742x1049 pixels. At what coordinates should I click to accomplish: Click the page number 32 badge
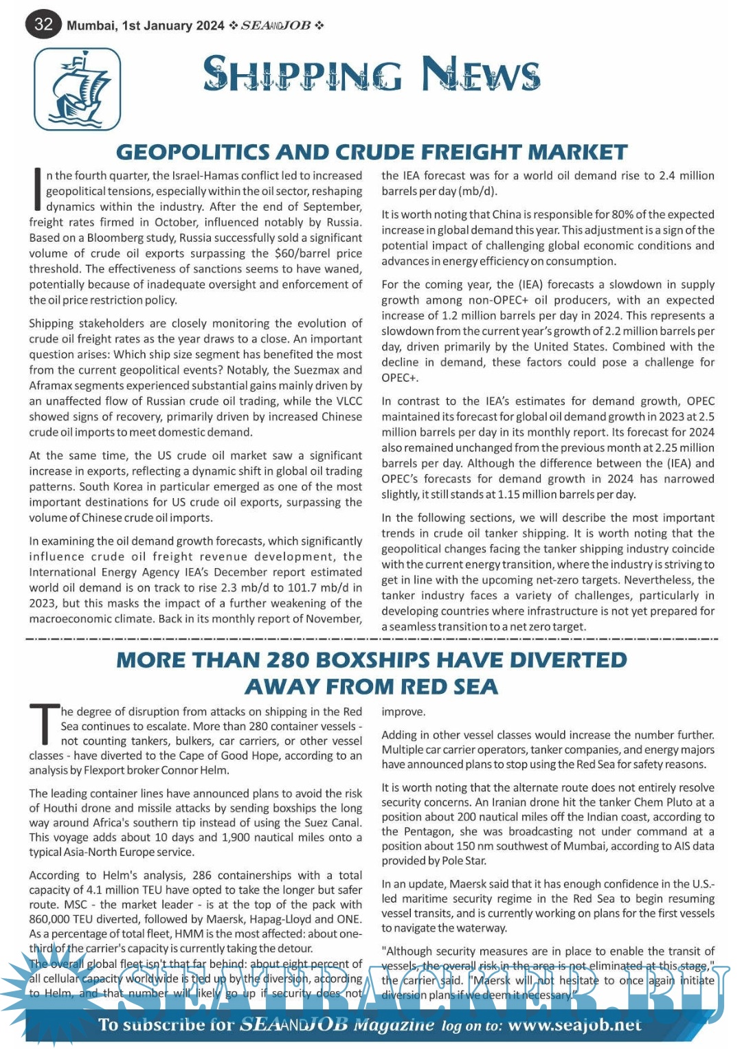43,25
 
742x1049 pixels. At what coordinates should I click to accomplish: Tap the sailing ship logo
77,89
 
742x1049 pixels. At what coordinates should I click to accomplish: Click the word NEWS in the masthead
480,74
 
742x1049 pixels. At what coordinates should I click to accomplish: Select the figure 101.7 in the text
309,587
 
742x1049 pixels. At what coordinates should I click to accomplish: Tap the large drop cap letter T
43,724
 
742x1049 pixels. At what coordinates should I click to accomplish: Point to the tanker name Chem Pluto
668,802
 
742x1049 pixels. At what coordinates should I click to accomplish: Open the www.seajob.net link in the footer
574,1025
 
